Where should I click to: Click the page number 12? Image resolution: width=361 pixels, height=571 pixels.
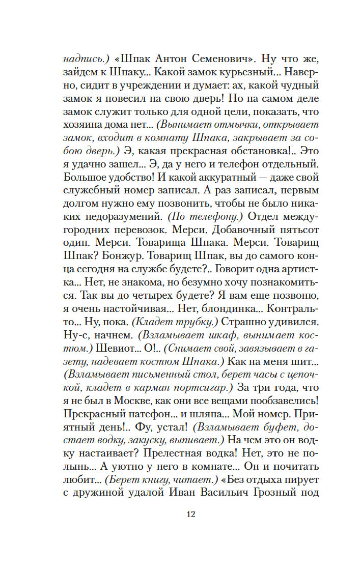click(190, 514)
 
